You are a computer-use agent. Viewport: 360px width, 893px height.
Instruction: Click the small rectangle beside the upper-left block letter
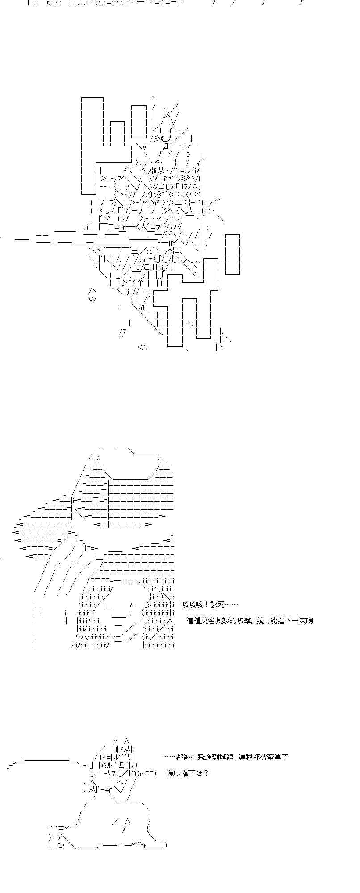pyautogui.click(x=139, y=121)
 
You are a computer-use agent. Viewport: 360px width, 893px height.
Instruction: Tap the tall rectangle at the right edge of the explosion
pyautogui.click(x=232, y=254)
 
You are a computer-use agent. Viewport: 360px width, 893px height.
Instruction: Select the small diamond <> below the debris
pyautogui.click(x=142, y=347)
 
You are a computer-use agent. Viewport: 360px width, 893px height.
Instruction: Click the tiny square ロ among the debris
pyautogui.click(x=120, y=307)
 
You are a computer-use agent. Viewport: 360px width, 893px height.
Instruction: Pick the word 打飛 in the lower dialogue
pyautogui.click(x=196, y=757)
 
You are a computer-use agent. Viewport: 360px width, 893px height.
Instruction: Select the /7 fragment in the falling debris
pyautogui.click(x=122, y=332)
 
